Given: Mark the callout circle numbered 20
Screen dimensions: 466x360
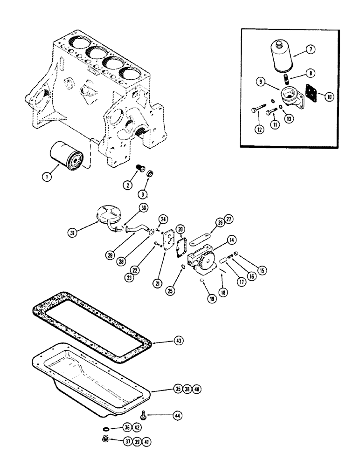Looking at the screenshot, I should coord(180,228).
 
